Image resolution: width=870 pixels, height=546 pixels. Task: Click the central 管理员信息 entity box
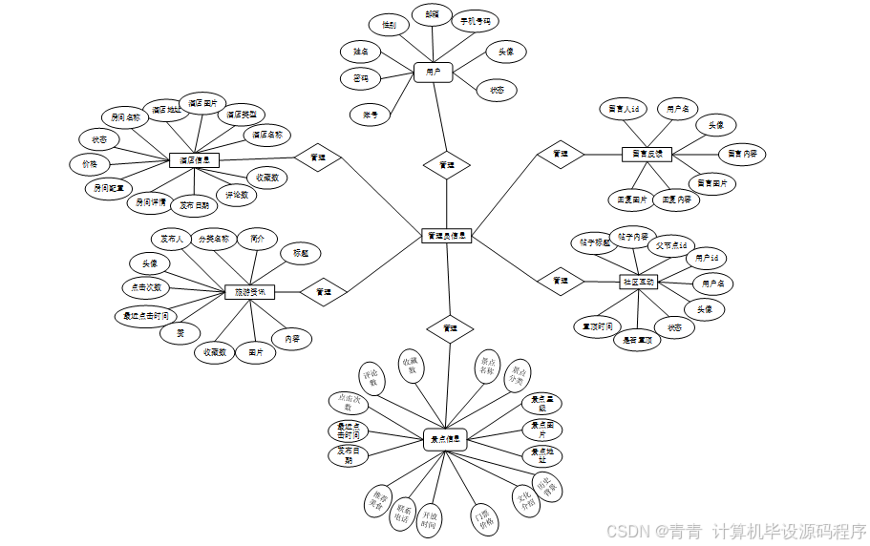[x=446, y=235]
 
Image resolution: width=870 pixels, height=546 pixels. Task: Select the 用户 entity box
[x=433, y=72]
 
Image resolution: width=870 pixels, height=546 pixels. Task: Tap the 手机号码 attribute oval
[x=475, y=20]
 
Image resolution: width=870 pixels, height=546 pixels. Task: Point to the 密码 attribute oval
[x=361, y=78]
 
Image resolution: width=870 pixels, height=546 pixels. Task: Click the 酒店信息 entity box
[x=195, y=161]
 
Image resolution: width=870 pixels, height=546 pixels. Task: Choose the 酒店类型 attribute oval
[x=240, y=115]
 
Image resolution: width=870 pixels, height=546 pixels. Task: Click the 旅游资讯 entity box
[x=249, y=291]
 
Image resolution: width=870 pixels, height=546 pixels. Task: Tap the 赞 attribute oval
[x=180, y=333]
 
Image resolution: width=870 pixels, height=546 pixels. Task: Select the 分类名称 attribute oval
[x=214, y=238]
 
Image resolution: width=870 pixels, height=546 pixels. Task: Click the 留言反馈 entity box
[x=647, y=154]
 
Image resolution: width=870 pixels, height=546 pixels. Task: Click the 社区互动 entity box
[x=639, y=283]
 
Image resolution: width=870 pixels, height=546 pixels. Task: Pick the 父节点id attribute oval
[x=669, y=245]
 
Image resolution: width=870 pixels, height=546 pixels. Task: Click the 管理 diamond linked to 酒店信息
[x=318, y=157]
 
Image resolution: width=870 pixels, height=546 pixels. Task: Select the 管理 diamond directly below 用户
[x=446, y=165]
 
